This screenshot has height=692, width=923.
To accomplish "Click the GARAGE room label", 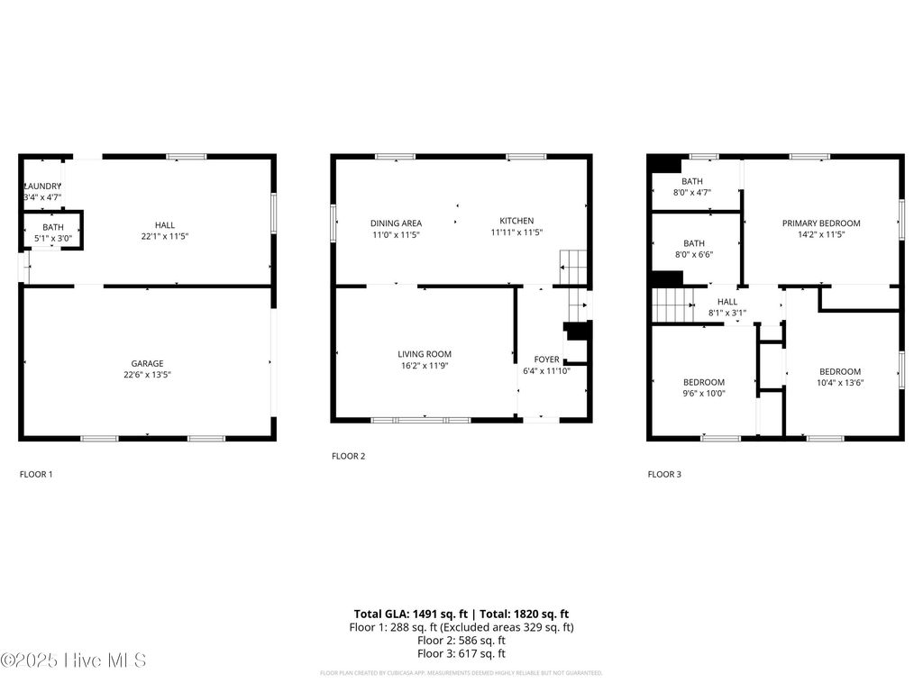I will point(147,363).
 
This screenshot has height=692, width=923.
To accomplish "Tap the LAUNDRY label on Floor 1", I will point(41,186).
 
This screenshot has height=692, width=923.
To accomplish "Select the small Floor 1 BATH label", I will point(53,227).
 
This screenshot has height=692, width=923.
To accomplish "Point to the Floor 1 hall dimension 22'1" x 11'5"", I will point(164,236).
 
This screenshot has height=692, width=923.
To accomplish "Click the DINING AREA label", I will point(396,223).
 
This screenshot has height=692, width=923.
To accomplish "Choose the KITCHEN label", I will point(516,221).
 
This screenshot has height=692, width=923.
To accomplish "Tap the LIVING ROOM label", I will point(425,354).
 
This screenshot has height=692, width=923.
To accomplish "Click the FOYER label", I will point(547,360).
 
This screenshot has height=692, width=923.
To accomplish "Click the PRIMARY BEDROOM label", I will point(820,223).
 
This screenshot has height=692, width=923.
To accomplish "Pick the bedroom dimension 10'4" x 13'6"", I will point(839,382).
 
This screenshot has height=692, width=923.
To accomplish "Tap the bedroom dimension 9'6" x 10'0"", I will point(703,393).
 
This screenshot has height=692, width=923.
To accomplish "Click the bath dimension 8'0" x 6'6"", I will point(693,254).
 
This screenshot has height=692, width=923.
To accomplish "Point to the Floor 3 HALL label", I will point(727,302).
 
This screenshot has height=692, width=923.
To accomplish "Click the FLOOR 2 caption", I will point(348,456).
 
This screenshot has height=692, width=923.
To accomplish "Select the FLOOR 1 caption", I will point(36,473).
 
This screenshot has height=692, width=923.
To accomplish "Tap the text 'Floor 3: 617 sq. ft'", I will point(461,653).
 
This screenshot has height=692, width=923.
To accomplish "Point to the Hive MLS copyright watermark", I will point(73,660).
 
